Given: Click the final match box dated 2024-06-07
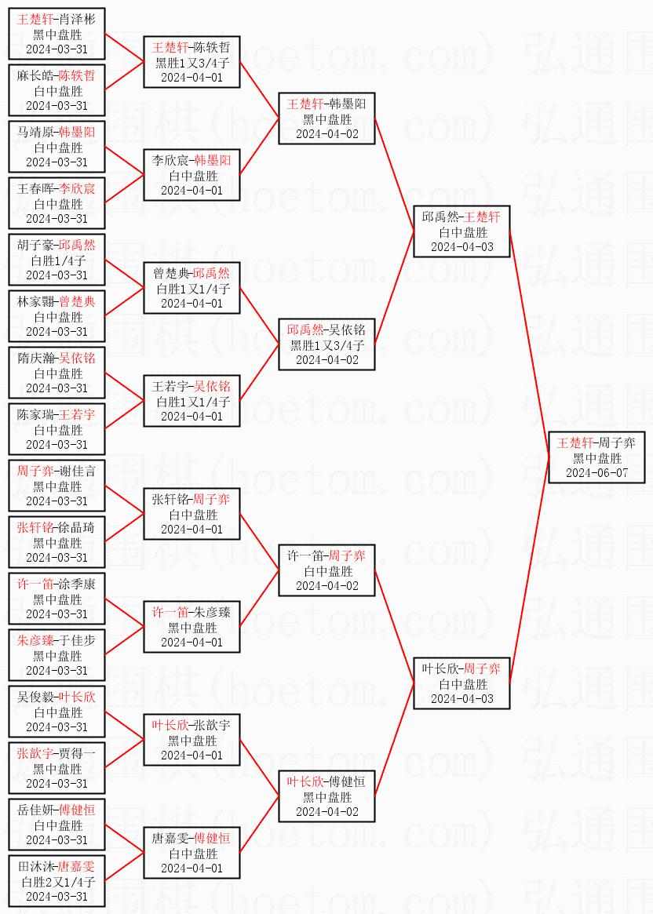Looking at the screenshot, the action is coord(596,457).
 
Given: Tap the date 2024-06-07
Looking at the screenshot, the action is coord(596,473).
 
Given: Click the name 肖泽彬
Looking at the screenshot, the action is coord(76,20).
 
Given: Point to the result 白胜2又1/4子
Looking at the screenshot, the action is coord(57,882).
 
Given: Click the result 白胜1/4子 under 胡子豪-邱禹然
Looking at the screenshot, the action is coord(57,260).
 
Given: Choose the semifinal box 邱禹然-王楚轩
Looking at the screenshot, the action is coord(461,231).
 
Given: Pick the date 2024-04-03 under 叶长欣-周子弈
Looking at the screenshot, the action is coord(461,699).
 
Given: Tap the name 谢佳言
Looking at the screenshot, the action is coord(76,471).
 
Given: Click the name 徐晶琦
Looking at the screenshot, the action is coord(76,527).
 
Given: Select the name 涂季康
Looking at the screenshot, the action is coord(76,584).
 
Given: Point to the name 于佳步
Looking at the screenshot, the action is coord(76,641).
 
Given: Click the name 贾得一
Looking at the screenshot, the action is coord(76,754).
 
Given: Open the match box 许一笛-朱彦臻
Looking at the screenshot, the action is coord(192,627).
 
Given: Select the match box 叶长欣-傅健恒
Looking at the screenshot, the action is coord(326,796).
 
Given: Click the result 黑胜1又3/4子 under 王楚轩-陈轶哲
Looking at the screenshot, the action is coord(192,62).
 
